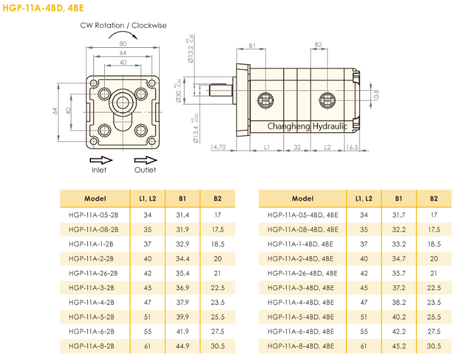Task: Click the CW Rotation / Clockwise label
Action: [123, 26]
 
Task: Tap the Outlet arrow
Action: [145, 160]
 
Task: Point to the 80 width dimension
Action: [123, 44]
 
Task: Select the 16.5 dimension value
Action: [352, 147]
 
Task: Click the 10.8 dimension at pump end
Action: [376, 95]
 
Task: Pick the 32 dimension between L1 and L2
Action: [297, 147]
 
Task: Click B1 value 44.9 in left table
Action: [183, 346]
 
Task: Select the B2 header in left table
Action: [218, 199]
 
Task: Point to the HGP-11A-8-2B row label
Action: [95, 346]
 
